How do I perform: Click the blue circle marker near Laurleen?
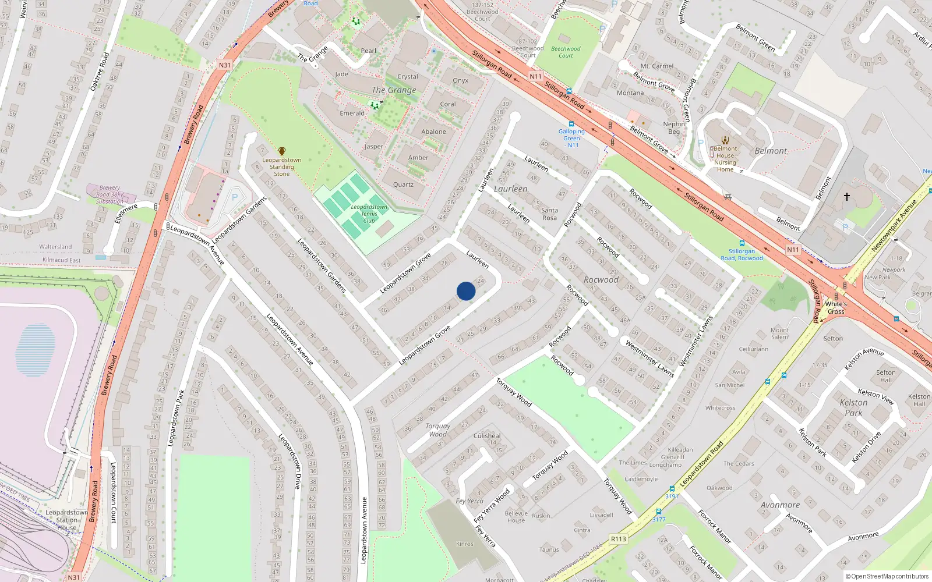466,291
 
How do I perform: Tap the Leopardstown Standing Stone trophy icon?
282,151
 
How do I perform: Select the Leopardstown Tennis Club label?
369,214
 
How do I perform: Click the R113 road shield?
619,539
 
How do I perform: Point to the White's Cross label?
836,307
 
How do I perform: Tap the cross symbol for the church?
847,197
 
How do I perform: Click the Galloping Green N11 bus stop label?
571,138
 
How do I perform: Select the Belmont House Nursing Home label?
725,159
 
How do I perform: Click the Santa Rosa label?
549,214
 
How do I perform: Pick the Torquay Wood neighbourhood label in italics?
438,430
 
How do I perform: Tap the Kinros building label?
465,544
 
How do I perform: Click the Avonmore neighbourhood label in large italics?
780,505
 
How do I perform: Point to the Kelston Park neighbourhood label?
853,407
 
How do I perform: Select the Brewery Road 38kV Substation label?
110,194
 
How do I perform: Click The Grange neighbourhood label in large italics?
394,90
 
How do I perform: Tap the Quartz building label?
403,184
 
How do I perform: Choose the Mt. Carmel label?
657,66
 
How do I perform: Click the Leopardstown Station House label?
66,520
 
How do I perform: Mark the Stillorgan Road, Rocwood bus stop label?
742,255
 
